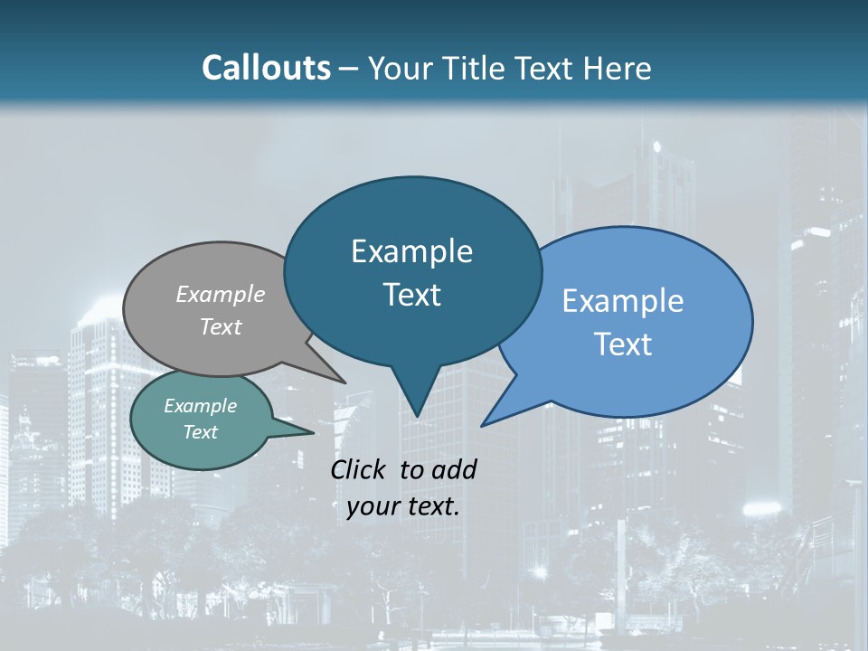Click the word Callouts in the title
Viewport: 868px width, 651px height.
266,68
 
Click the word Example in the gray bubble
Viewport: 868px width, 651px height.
221,294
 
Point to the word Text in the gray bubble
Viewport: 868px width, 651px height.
221,326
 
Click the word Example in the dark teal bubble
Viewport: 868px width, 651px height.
411,251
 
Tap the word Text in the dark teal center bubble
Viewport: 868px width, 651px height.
411,295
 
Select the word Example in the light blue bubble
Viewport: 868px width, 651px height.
623,300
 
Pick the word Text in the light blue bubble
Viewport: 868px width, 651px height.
623,344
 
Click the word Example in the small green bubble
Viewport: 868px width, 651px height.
200,406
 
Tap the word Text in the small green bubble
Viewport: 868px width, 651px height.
200,432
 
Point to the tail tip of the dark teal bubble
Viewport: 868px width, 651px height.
417,414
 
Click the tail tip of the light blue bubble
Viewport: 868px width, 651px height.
485,423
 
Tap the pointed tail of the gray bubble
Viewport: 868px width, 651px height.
342,381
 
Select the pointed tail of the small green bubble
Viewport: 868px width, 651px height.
310,432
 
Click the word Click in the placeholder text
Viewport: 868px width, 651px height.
360,469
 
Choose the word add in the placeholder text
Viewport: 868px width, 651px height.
455,469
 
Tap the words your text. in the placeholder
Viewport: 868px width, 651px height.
403,506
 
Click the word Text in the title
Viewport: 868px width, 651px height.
546,68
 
